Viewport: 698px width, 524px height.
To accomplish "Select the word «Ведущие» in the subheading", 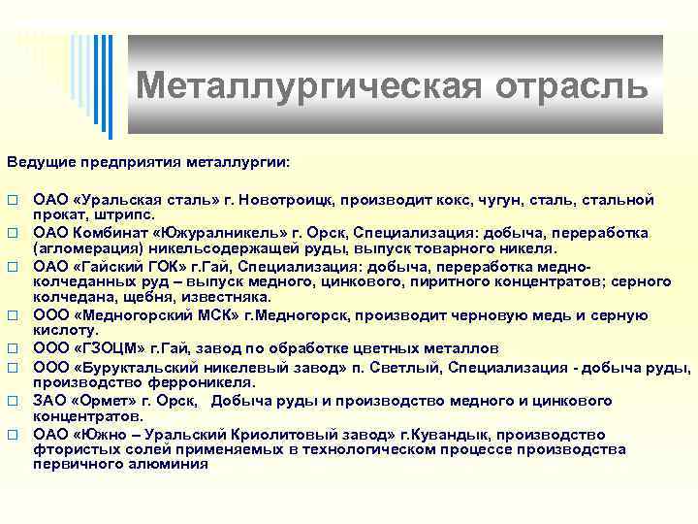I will pos(41,158).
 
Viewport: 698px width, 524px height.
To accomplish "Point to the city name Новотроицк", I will pos(285,199).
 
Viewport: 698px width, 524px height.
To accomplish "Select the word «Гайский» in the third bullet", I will pos(110,265).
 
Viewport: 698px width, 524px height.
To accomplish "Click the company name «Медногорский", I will pos(128,314).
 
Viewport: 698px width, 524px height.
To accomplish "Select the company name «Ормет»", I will pos(102,402).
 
